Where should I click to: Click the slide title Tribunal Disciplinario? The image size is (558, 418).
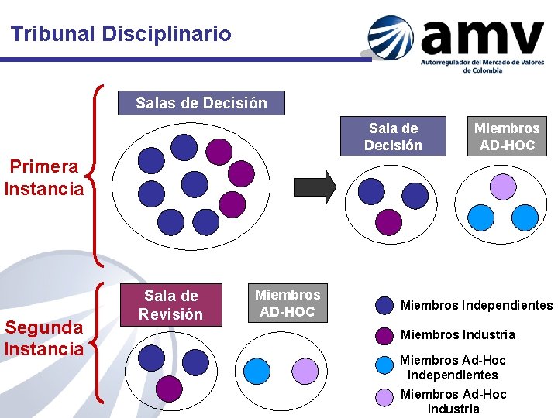pyautogui.click(x=121, y=34)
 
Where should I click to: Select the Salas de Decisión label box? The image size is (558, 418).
pyautogui.click(x=201, y=103)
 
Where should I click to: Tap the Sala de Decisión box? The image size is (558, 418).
pyautogui.click(x=393, y=136)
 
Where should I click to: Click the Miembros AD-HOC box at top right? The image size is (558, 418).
pyautogui.click(x=506, y=136)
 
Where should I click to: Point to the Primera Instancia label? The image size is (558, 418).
pyautogui.click(x=44, y=177)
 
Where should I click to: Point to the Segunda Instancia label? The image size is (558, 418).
pyautogui.click(x=44, y=338)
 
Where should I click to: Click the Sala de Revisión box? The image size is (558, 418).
pyautogui.click(x=170, y=305)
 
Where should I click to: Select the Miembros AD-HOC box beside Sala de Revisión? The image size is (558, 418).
pyautogui.click(x=288, y=303)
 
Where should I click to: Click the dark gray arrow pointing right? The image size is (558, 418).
pyautogui.click(x=314, y=187)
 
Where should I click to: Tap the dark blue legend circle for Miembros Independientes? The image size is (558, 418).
pyautogui.click(x=384, y=306)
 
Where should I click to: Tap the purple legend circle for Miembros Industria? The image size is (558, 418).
pyautogui.click(x=384, y=335)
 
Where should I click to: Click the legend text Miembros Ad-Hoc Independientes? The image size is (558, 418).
pyautogui.click(x=453, y=368)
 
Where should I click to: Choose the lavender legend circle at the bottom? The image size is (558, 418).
pyautogui.click(x=384, y=397)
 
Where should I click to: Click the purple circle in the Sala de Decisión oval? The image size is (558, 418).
pyautogui.click(x=388, y=221)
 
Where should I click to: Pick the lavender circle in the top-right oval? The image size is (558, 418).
pyautogui.click(x=503, y=185)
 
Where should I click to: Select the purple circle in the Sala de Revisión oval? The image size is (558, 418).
pyautogui.click(x=169, y=389)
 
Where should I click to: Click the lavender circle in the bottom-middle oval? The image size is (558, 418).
pyautogui.click(x=305, y=372)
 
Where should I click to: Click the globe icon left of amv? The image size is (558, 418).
pyautogui.click(x=392, y=37)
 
